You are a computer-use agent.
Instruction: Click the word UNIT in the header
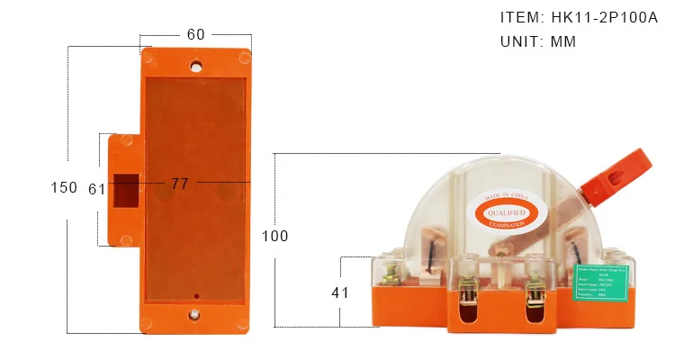pyautogui.click(x=520, y=41)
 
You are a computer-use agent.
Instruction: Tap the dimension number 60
pyautogui.click(x=195, y=34)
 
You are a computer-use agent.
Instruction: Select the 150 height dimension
pyautogui.click(x=64, y=188)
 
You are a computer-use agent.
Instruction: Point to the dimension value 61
pyautogui.click(x=97, y=189)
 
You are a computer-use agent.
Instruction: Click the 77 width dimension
pyautogui.click(x=180, y=184)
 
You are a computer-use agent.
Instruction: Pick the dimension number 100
pyautogui.click(x=274, y=236)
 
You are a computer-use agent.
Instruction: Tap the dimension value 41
pyautogui.click(x=340, y=292)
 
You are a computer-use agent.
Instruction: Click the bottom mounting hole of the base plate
pyautogui.click(x=195, y=315)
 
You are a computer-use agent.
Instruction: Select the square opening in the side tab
pyautogui.click(x=127, y=189)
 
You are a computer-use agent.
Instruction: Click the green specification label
pyautogui.click(x=604, y=285)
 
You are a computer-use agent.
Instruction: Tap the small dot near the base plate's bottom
pyautogui.click(x=196, y=295)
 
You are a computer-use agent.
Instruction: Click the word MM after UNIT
pyautogui.click(x=563, y=41)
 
